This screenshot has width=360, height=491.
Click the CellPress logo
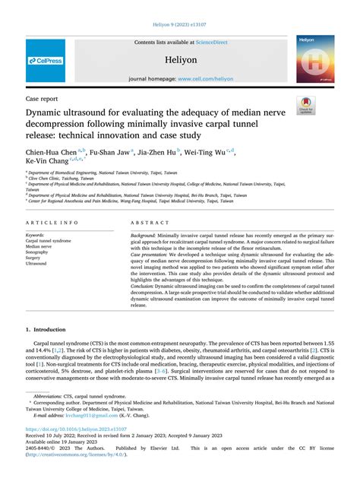tap(45, 60)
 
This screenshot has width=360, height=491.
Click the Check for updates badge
tap(306, 106)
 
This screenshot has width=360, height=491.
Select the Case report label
tap(43, 99)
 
